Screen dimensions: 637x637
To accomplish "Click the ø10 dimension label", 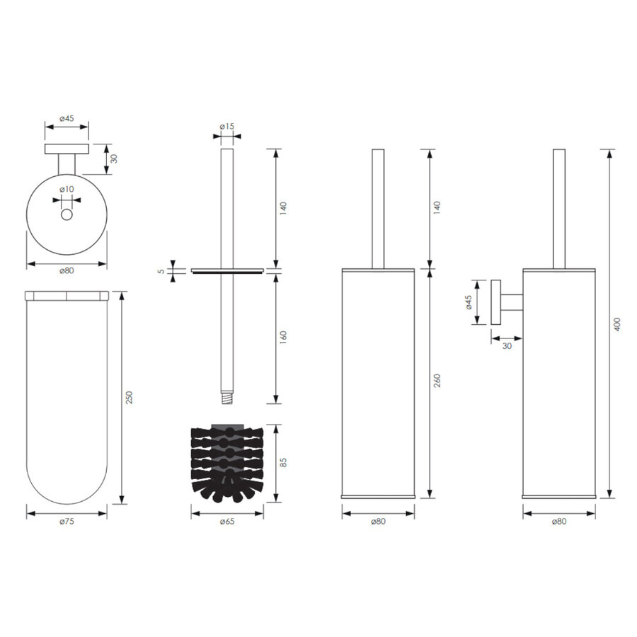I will point(67,189).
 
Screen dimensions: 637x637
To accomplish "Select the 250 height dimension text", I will point(129,398).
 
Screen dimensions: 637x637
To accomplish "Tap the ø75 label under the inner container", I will point(67,522).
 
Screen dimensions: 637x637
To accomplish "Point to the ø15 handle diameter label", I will point(226,127).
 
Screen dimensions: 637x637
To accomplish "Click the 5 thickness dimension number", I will point(161,270).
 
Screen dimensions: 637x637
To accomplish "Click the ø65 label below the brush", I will point(226,522).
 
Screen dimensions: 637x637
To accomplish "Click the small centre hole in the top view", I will point(67,214).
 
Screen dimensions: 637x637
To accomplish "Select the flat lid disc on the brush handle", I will point(226,270).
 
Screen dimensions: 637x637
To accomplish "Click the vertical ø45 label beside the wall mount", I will point(469,302).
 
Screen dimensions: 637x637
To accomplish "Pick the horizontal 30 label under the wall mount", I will point(507,346).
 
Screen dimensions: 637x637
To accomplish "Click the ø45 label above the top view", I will point(67,118).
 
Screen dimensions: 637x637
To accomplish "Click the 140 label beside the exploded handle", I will point(282,208).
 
